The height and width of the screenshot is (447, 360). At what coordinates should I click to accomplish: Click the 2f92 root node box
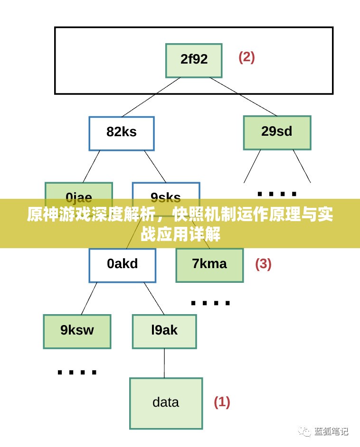pos(194,60)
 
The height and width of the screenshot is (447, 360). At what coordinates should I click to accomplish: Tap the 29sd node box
pos(277,132)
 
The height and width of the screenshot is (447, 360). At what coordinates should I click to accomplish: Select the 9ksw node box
pos(77,331)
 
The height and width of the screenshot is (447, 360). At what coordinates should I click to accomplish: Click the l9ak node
pos(164,331)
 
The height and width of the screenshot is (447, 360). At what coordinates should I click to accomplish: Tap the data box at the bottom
pos(166,403)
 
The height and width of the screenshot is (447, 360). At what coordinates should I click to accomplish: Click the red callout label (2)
pos(246,57)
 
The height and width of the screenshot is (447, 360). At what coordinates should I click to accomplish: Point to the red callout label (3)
pos(263,264)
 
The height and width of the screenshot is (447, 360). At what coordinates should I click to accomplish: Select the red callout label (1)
pos(222,402)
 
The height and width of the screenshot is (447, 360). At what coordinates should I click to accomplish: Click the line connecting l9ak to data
pos(164,363)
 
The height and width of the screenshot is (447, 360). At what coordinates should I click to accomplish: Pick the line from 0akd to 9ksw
pos(89,298)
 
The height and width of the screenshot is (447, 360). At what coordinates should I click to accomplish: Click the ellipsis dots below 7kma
pos(210,302)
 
